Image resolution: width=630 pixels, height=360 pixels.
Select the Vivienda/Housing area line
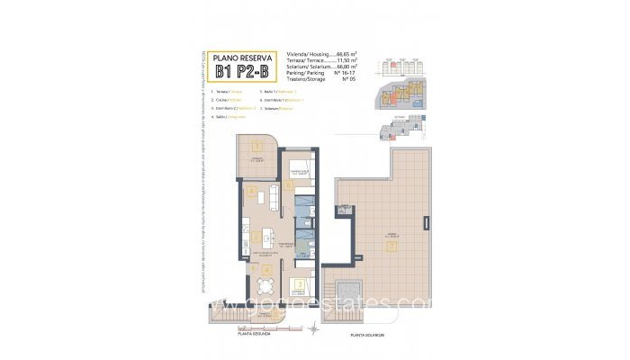[x=319, y=54]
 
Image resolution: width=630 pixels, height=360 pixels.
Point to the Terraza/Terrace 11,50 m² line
[x=319, y=60]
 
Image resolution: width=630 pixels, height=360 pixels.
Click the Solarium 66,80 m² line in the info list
[x=319, y=67]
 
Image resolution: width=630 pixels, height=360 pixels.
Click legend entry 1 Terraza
[x=226, y=92]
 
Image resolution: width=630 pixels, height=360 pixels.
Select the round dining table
[x=262, y=287]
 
